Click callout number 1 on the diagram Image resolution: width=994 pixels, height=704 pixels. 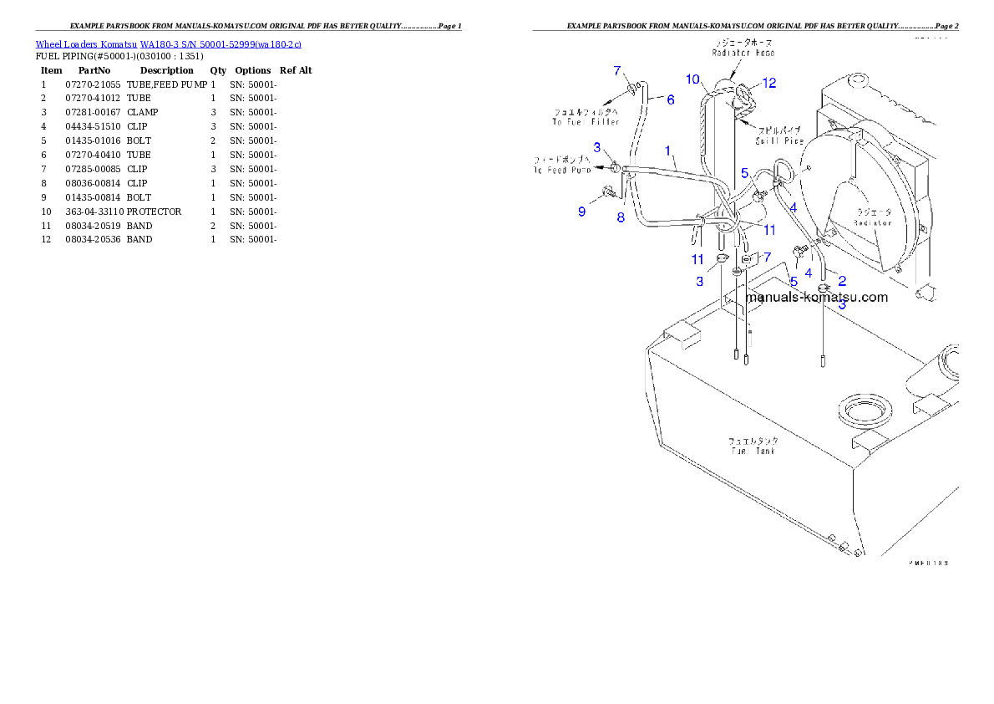pos(668,150)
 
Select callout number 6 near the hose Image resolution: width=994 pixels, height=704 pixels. pos(670,99)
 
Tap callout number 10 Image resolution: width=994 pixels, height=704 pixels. pos(692,79)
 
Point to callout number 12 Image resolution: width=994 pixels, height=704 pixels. pos(768,83)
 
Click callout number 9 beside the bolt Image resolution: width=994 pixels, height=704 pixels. pos(582,212)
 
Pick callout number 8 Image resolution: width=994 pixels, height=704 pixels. pos(621,218)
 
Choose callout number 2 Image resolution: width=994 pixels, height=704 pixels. pos(842,281)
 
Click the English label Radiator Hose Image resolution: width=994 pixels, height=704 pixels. pos(743,53)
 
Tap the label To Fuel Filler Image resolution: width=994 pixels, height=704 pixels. pos(586,122)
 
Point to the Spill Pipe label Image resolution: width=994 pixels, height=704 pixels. pos(779,141)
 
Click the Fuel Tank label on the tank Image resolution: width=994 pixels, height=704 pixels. pos(753,451)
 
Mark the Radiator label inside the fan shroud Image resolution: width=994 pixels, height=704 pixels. pos(872,222)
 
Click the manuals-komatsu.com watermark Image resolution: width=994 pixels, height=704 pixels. pos(816,297)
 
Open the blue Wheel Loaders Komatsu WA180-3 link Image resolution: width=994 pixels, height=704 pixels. pos(168,44)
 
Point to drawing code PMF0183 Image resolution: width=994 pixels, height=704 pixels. pos(928,564)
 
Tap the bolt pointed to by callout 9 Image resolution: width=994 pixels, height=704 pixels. pos(606,196)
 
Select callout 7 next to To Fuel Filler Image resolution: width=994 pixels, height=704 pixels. pos(617,70)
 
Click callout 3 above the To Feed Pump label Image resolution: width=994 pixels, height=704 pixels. pos(597,147)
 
